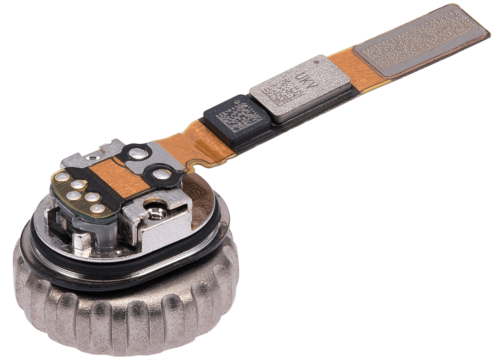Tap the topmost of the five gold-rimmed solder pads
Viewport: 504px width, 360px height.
click(61, 177)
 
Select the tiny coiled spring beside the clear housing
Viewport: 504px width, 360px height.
click(57, 224)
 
